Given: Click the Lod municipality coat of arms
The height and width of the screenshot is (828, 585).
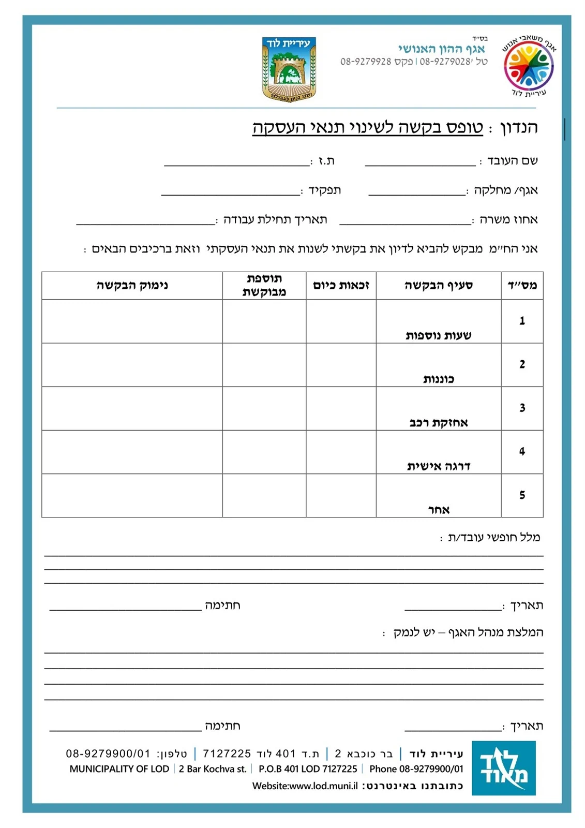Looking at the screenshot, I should [x=289, y=69].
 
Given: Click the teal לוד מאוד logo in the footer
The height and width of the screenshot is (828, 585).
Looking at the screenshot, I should [x=503, y=767].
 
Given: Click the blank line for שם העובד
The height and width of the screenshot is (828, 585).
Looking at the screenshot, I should [x=419, y=162].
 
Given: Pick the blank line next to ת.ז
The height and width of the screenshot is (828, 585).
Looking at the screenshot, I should [x=237, y=162].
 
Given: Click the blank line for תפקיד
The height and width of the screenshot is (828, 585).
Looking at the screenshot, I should [x=231, y=191].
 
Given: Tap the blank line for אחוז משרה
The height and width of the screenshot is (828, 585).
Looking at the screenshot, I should [x=405, y=221].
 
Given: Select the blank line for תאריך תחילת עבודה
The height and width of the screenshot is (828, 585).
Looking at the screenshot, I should [x=145, y=221].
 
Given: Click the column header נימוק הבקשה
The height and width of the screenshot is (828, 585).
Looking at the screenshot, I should [x=132, y=286].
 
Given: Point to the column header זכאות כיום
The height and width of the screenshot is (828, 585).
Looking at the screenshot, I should [x=341, y=286].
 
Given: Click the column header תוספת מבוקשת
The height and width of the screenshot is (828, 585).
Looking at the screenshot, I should [x=264, y=286].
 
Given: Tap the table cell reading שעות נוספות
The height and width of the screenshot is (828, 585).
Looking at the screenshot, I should [x=438, y=335].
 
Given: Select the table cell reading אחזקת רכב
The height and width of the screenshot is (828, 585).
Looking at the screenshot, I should [x=438, y=423].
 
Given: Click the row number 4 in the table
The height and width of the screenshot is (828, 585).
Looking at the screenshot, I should [x=522, y=452].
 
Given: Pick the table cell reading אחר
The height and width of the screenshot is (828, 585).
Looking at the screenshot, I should [x=439, y=510].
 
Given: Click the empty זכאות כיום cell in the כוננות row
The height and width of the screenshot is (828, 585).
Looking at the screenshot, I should [x=341, y=365].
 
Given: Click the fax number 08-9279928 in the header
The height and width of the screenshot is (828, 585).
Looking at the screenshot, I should [x=366, y=62].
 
